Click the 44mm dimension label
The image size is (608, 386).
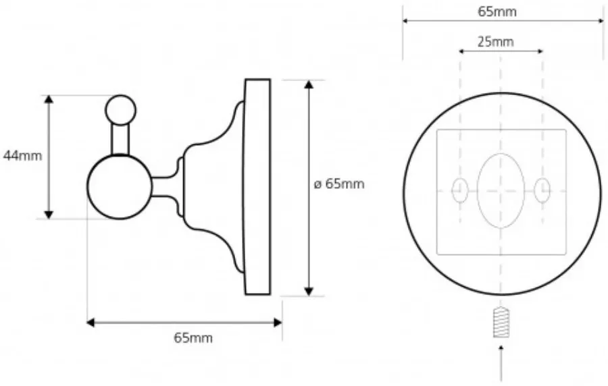click(x=22, y=156)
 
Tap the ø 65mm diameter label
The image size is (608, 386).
click(x=339, y=184)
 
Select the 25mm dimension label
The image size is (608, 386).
click(x=496, y=41)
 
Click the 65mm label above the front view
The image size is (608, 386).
click(x=497, y=11)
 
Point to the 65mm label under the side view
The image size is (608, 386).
click(x=193, y=338)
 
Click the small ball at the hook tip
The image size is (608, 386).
click(x=121, y=110)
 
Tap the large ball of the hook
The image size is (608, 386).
click(x=120, y=187)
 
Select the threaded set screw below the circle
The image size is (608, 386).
click(x=501, y=322)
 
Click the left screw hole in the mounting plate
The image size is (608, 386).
click(x=460, y=191)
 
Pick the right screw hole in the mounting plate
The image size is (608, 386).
click(x=542, y=191)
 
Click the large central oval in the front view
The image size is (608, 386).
click(x=501, y=191)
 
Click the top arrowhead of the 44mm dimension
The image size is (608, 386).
click(x=49, y=99)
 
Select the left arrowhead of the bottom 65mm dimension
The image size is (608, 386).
click(x=91, y=323)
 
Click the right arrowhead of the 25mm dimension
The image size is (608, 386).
click(x=539, y=51)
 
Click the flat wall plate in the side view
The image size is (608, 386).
click(x=257, y=187)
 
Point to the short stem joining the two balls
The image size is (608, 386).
click(x=121, y=140)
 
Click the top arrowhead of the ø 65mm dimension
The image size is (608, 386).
click(x=309, y=85)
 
